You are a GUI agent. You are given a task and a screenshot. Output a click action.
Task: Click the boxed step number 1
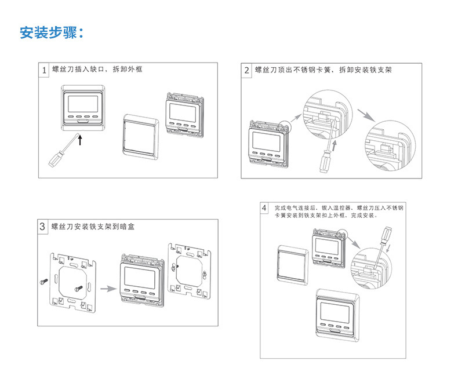coord(43,70)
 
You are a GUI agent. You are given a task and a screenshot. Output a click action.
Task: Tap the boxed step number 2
coord(247,70)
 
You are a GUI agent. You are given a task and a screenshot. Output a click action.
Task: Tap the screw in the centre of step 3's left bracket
coord(77,285)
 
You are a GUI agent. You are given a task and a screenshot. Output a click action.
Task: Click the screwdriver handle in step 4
coord(384,235)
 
